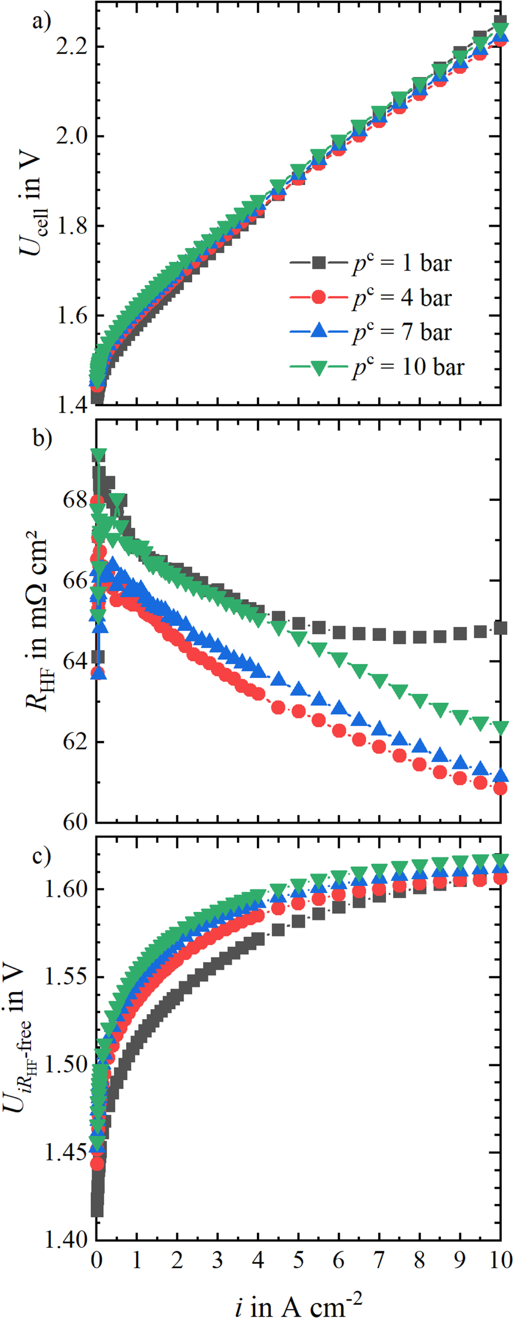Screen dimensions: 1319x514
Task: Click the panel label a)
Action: pos(42,22)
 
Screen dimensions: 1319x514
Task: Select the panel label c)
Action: pos(42,856)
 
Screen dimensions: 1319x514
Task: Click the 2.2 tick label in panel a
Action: pos(71,47)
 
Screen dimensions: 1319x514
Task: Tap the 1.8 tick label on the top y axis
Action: pos(71,226)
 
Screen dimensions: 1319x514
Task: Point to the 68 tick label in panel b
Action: pos(75,499)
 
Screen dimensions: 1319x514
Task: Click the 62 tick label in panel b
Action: pos(75,742)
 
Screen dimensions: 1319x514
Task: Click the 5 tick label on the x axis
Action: pos(298,1260)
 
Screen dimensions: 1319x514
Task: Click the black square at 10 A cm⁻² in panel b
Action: pos(500,628)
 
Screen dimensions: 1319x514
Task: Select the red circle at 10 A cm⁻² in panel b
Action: pos(500,788)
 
